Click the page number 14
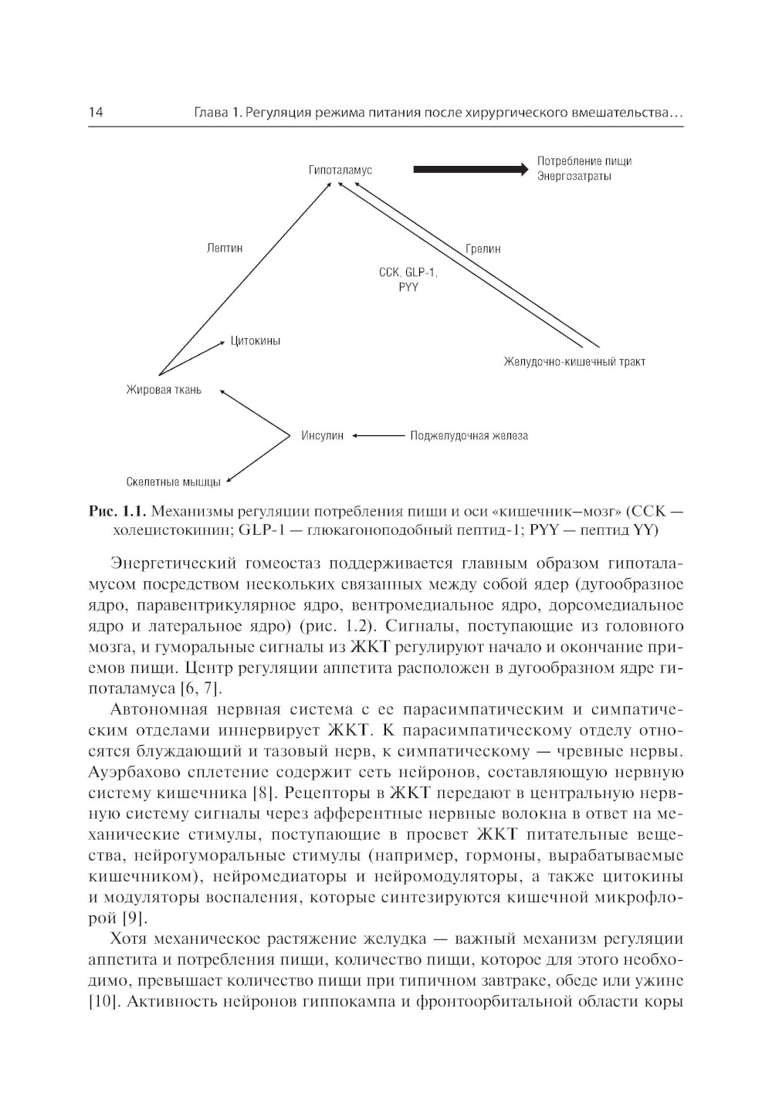point(96,113)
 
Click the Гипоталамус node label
point(340,170)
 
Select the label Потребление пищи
point(584,161)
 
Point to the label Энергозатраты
point(574,177)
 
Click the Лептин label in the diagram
point(225,249)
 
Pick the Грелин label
point(483,249)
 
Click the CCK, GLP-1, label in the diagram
point(408,272)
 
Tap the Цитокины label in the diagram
point(255,341)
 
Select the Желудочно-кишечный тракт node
point(574,361)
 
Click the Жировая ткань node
point(164,390)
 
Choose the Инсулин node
point(323,436)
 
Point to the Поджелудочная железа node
point(469,436)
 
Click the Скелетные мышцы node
point(173,482)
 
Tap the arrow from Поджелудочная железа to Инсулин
point(378,436)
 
